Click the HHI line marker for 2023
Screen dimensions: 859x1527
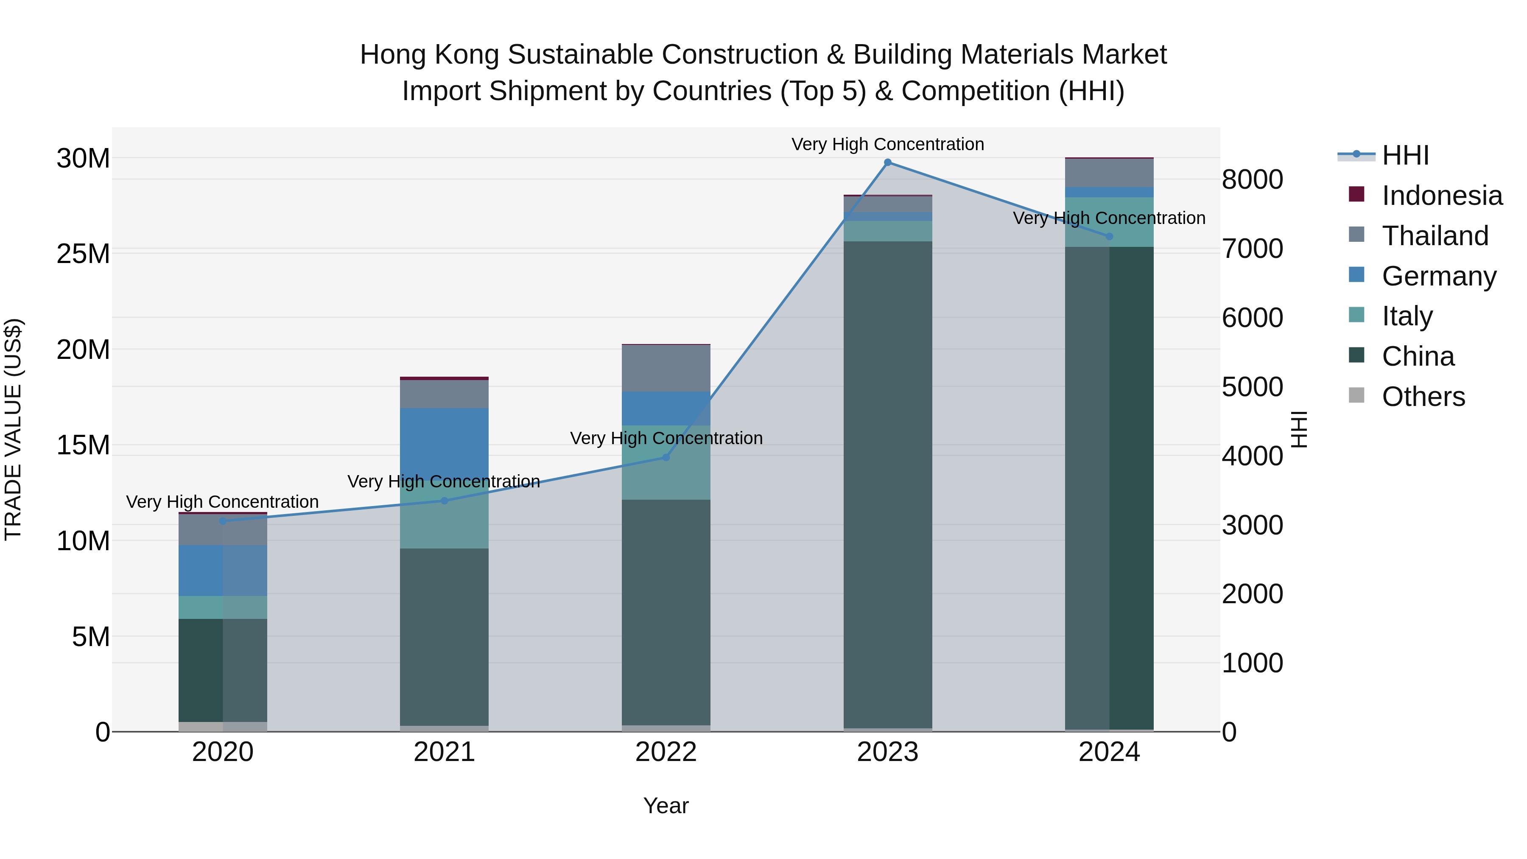pos(887,162)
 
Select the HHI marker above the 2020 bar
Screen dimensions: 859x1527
pos(223,521)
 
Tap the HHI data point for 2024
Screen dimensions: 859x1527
pos(1110,237)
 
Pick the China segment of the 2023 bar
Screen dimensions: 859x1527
pos(887,483)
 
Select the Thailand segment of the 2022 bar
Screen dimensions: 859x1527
pos(666,368)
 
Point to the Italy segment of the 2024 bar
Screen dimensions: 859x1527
pos(1109,222)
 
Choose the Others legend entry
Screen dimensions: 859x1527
pos(1423,397)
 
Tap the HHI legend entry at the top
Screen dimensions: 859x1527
pos(1405,155)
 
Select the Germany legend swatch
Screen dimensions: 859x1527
pos(1356,275)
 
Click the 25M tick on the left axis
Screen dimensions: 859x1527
pos(83,254)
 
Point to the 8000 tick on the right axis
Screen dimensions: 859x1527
pos(1252,179)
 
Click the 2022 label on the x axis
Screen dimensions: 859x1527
pos(666,752)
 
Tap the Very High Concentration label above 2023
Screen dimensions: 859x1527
pos(887,144)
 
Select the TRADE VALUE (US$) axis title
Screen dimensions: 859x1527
pos(13,429)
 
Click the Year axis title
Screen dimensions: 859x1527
pos(666,806)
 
